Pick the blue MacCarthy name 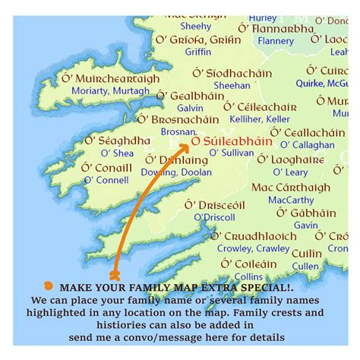[x=290, y=200]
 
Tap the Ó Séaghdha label [x=117, y=141]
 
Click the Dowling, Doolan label [x=176, y=172]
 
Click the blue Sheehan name [x=232, y=86]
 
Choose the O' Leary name [x=290, y=172]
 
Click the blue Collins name [x=248, y=276]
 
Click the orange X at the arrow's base [x=115, y=274]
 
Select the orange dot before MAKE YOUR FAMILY [x=49, y=286]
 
